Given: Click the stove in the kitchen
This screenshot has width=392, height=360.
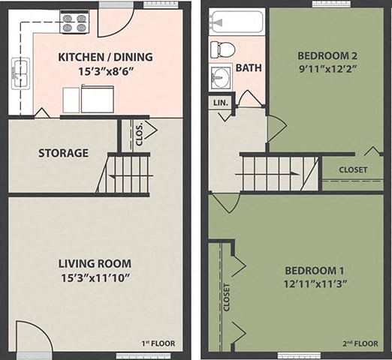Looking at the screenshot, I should point(74,23).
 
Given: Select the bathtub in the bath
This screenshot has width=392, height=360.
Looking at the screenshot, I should point(237,22).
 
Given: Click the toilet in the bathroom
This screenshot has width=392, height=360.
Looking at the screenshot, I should point(222,49).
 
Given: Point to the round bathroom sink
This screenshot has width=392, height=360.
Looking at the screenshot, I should point(221,76).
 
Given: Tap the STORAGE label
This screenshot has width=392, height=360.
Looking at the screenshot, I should point(63,153).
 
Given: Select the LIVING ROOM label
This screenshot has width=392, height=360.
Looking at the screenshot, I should point(95,263).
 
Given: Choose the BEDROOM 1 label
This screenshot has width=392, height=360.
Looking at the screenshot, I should point(315,270).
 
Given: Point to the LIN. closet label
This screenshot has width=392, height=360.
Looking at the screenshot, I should point(220,102).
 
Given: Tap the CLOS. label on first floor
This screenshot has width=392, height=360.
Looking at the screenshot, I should point(139,135).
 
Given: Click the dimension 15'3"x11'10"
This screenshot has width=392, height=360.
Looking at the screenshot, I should point(95,277).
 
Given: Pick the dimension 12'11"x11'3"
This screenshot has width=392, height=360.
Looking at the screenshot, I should point(315,284).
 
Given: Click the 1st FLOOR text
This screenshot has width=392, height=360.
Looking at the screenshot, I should point(158,343).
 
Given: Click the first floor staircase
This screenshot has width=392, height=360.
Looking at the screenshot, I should point(128,174).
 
